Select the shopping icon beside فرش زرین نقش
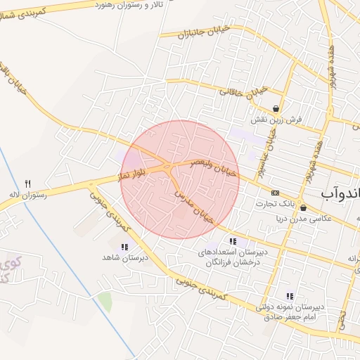coord(276,108)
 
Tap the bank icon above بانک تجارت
coord(275,193)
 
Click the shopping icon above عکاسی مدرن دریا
coord(303,207)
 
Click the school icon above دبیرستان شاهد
coord(124,247)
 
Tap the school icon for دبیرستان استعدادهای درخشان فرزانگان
coord(233,241)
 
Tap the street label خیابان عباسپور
coord(272,147)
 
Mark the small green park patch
coord(105,302)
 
